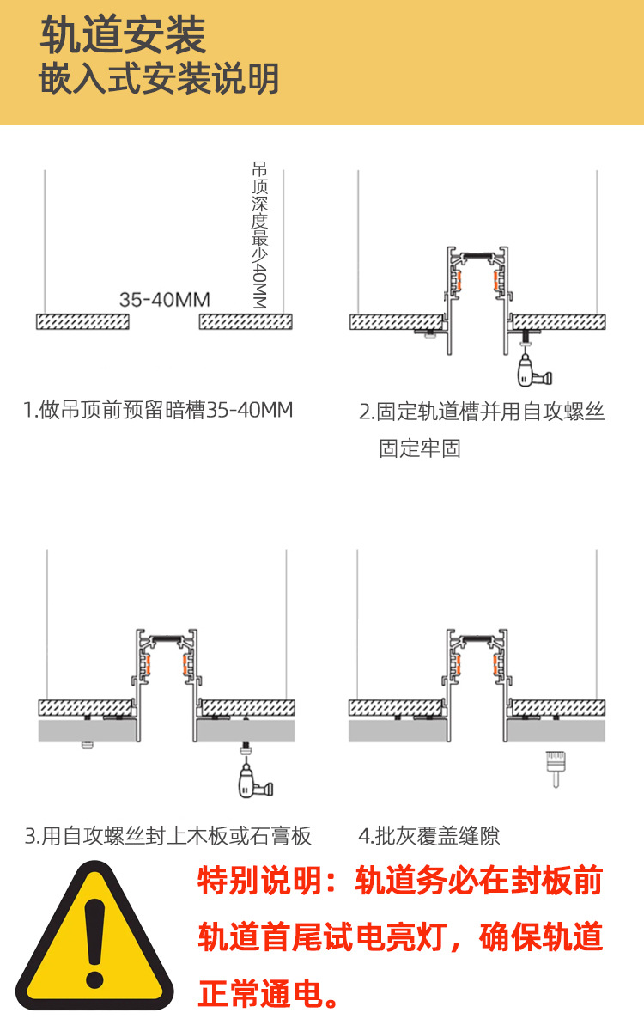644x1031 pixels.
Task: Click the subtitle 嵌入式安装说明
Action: point(160,79)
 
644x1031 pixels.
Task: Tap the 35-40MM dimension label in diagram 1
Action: point(165,300)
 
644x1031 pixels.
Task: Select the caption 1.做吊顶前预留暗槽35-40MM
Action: point(158,410)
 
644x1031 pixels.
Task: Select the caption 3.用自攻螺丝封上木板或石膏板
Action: point(168,835)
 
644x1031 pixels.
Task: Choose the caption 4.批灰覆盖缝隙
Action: point(429,835)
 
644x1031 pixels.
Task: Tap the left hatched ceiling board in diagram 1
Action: point(83,321)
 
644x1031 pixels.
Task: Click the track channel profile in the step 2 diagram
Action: point(477,292)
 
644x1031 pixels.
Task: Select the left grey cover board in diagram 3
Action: point(87,730)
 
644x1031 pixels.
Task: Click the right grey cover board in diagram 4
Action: point(559,730)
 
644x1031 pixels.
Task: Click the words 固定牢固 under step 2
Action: point(420,448)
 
